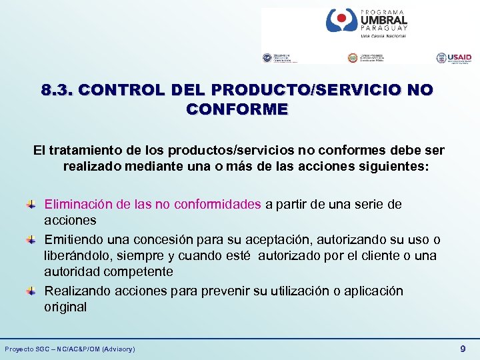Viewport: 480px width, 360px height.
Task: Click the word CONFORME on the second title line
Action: click(237, 109)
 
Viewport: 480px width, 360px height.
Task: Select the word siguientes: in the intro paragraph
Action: click(393, 166)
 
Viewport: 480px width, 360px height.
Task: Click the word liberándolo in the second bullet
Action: click(75, 255)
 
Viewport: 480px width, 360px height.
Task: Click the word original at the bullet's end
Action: click(65, 307)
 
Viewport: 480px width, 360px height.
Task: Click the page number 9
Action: click(463, 348)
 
